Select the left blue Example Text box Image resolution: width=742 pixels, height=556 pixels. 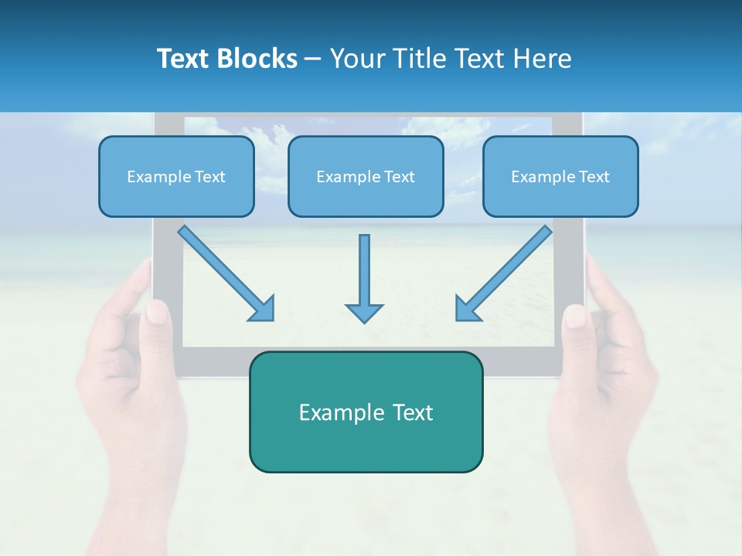point(176,176)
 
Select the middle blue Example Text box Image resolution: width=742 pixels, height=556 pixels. point(366,176)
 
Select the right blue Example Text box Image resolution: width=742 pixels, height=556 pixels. point(560,176)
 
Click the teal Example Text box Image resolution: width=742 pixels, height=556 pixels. point(366,412)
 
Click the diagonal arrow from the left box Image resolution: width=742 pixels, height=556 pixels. point(224,271)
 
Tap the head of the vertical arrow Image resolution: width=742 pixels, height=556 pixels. point(364,312)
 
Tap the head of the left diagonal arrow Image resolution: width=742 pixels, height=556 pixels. point(263,309)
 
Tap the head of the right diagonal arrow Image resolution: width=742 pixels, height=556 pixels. point(466,309)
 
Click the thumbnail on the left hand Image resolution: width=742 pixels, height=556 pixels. point(157,312)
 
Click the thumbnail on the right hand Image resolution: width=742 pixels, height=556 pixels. point(575,316)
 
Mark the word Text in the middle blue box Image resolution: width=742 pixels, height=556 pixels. point(399,176)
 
